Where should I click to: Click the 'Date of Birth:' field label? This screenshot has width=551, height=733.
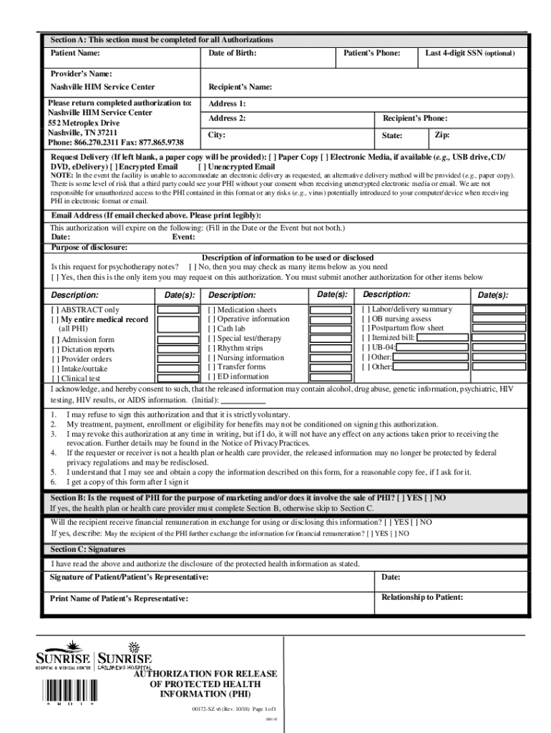coord(232,54)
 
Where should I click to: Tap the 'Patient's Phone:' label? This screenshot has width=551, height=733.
coord(371,54)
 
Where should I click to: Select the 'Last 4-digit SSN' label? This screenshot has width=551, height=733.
coord(469,54)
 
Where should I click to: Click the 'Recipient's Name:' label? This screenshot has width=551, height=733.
coord(240,87)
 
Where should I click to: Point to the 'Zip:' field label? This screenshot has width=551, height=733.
coord(442,135)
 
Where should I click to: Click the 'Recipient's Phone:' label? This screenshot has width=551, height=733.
coord(415,118)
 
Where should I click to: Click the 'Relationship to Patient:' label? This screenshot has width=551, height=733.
coord(422,597)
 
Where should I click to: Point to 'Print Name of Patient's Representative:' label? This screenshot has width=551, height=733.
coord(120,598)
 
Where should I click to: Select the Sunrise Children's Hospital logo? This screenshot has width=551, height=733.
coord(125,655)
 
